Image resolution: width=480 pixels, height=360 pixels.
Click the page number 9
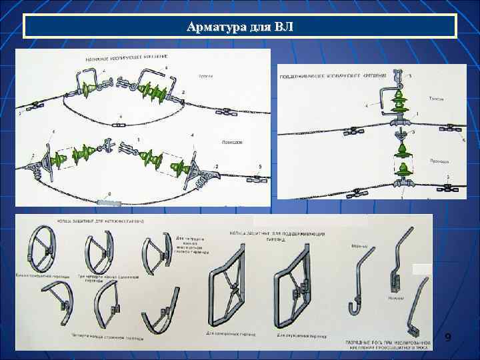tap(448, 339)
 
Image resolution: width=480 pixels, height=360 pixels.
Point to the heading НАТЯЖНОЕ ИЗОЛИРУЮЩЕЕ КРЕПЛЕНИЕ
tap(127, 59)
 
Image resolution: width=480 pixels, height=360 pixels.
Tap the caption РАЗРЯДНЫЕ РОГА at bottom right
tap(387, 344)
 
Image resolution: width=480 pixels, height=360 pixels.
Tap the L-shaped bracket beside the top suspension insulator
tap(379, 97)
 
